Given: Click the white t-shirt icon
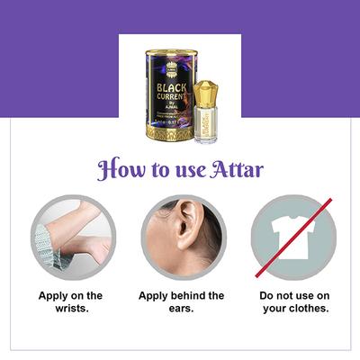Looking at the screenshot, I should (x=292, y=238).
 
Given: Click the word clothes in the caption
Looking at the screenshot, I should (x=308, y=310).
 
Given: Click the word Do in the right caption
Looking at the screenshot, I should (x=268, y=295).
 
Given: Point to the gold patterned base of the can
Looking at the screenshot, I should (x=170, y=130).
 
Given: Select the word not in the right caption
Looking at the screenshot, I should (x=289, y=295).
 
